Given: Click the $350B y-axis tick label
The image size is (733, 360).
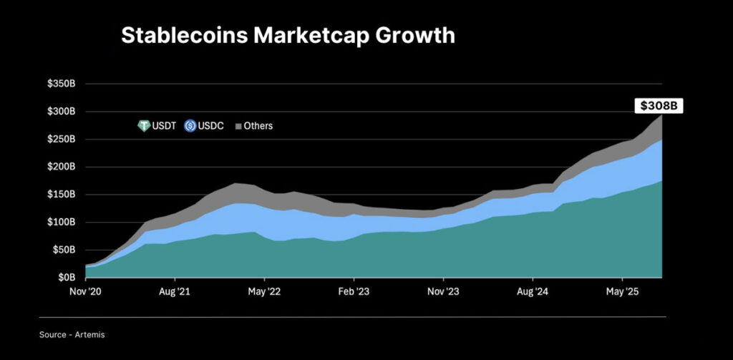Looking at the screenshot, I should click(62, 84).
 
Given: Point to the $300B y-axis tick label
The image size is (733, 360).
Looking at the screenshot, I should click(62, 112).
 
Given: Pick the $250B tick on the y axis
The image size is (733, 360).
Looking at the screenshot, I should click(62, 140).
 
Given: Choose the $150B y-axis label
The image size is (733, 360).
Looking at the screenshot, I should click(62, 195).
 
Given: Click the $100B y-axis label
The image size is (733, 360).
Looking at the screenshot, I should click(62, 223).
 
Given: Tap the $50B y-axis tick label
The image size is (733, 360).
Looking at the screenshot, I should click(64, 250).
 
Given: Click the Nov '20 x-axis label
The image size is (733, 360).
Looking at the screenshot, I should click(85, 292).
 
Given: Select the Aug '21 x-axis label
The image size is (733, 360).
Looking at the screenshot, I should click(175, 292).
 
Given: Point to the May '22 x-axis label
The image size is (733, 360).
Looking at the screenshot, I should click(264, 292).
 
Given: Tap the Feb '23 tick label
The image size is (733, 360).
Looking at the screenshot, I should click(354, 292).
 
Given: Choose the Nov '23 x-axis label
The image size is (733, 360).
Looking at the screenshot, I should click(443, 292).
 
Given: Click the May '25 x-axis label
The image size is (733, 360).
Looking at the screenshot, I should click(622, 292).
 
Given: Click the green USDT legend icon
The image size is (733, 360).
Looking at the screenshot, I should click(143, 126).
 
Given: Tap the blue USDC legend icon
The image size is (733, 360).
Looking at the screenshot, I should click(190, 126).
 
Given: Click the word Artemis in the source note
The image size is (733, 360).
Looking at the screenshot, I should click(91, 334).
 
